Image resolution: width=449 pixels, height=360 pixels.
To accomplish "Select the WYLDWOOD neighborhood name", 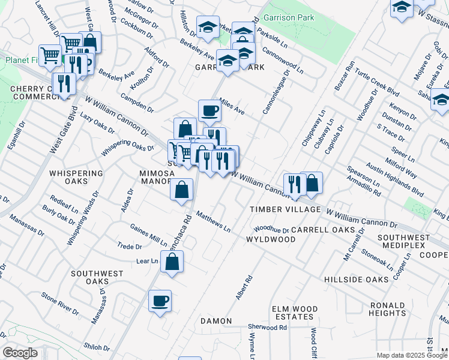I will click(x=271, y=239).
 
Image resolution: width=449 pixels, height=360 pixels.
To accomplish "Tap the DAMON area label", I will click(x=215, y=322).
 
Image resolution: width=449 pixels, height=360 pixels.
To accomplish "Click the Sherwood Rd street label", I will click(x=268, y=328).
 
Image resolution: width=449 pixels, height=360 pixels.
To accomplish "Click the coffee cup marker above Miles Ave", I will click(x=209, y=111).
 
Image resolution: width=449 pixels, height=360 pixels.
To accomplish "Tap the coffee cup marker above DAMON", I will click(x=160, y=301).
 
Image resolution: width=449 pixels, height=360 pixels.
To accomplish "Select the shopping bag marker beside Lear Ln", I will click(x=172, y=262).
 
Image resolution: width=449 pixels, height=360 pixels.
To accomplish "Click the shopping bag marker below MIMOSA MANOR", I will click(x=182, y=190).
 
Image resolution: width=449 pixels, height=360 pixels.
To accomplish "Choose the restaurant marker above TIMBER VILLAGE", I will click(x=294, y=184).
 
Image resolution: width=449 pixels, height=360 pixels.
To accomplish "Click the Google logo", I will click(x=20, y=353).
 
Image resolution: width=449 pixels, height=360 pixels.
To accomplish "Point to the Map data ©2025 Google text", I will click(x=411, y=355).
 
